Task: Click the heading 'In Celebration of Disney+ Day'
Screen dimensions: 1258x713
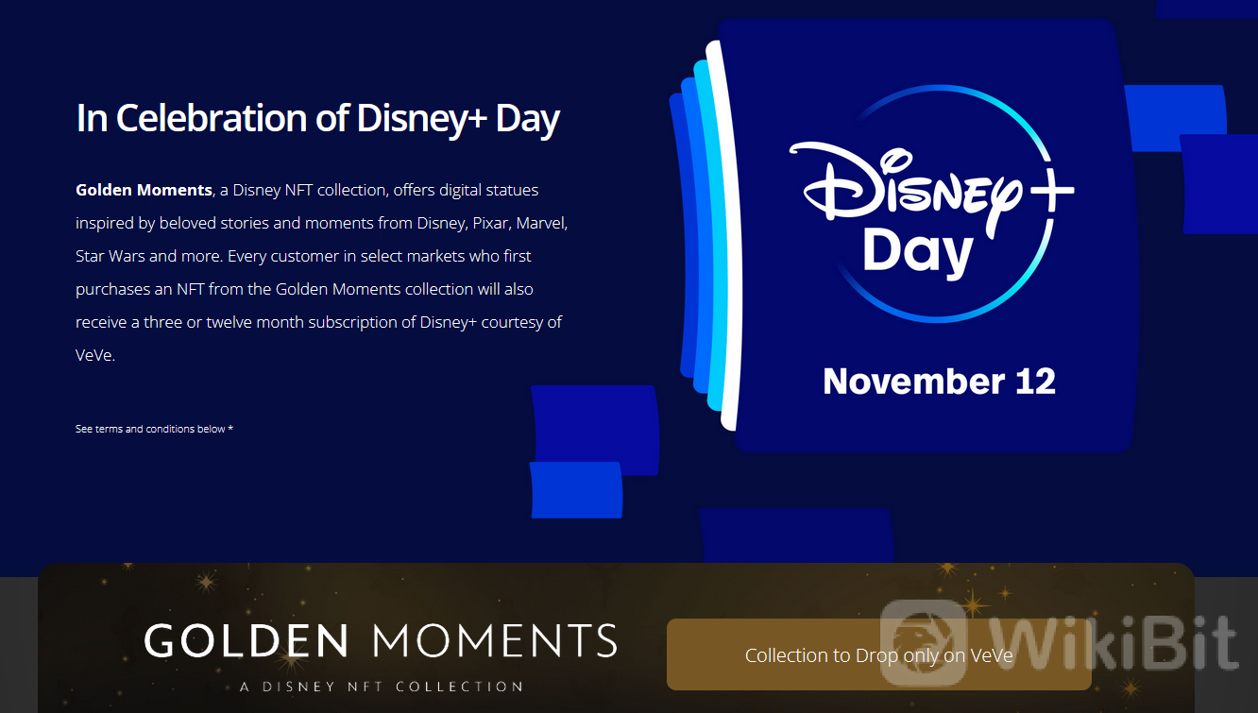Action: pyautogui.click(x=318, y=119)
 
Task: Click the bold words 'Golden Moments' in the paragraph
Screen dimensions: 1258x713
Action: pyautogui.click(x=144, y=191)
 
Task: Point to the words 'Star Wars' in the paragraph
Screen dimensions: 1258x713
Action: pyautogui.click(x=110, y=257)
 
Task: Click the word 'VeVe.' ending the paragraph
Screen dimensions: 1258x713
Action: pyautogui.click(x=95, y=355)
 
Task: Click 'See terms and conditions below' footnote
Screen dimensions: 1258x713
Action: pyautogui.click(x=150, y=429)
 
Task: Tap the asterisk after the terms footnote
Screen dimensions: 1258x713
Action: pyautogui.click(x=230, y=428)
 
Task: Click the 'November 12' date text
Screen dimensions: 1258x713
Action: pyautogui.click(x=939, y=382)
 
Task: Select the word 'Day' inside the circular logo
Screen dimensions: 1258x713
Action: pyautogui.click(x=918, y=253)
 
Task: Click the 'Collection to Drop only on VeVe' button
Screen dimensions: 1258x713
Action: pyautogui.click(x=879, y=654)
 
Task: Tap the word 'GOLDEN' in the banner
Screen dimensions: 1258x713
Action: pyautogui.click(x=246, y=640)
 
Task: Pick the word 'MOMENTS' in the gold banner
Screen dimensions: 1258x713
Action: pyautogui.click(x=494, y=640)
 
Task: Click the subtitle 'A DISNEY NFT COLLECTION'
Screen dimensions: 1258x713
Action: pyautogui.click(x=382, y=687)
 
